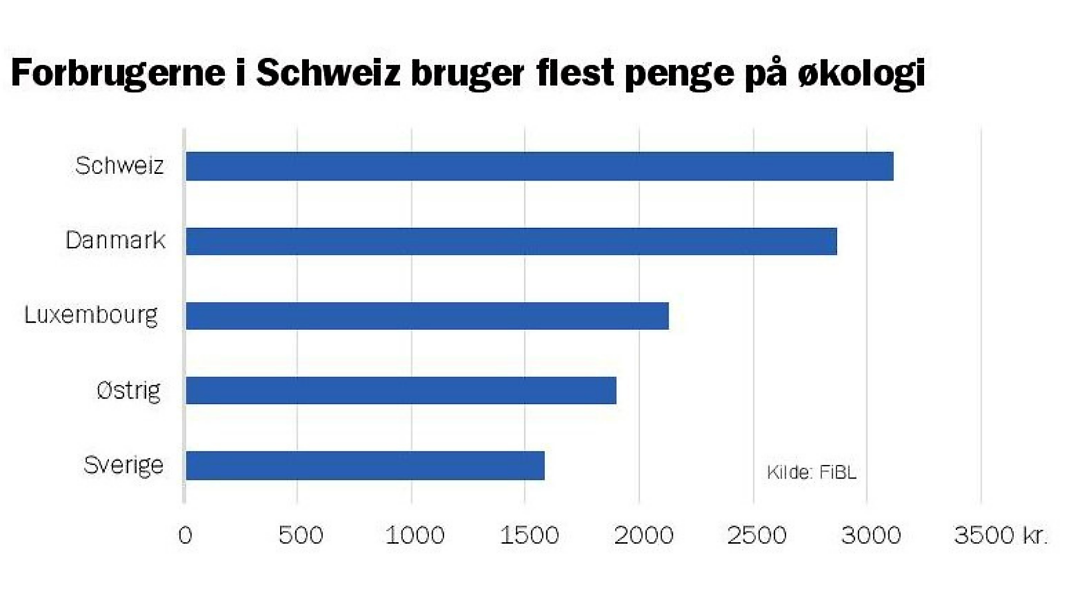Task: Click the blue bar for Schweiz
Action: (x=539, y=166)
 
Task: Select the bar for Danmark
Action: (x=511, y=241)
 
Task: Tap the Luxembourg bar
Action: (x=427, y=315)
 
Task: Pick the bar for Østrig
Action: (x=400, y=390)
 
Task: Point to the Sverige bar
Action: (x=365, y=465)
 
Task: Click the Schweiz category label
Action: (x=119, y=165)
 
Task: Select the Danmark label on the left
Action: (x=115, y=240)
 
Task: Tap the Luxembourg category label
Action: (x=91, y=315)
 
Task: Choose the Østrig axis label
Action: (x=129, y=390)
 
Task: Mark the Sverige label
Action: (x=123, y=465)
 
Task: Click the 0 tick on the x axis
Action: (x=185, y=535)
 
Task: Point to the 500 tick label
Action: (x=300, y=535)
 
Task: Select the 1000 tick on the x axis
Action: (x=414, y=535)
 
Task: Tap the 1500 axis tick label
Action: (x=529, y=535)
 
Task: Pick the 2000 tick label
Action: (x=643, y=535)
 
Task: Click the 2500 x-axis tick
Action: (x=757, y=535)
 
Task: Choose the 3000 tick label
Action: (x=871, y=535)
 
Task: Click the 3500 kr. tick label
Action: (x=1000, y=535)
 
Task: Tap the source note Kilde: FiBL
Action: (x=811, y=472)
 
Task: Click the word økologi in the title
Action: (x=861, y=72)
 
